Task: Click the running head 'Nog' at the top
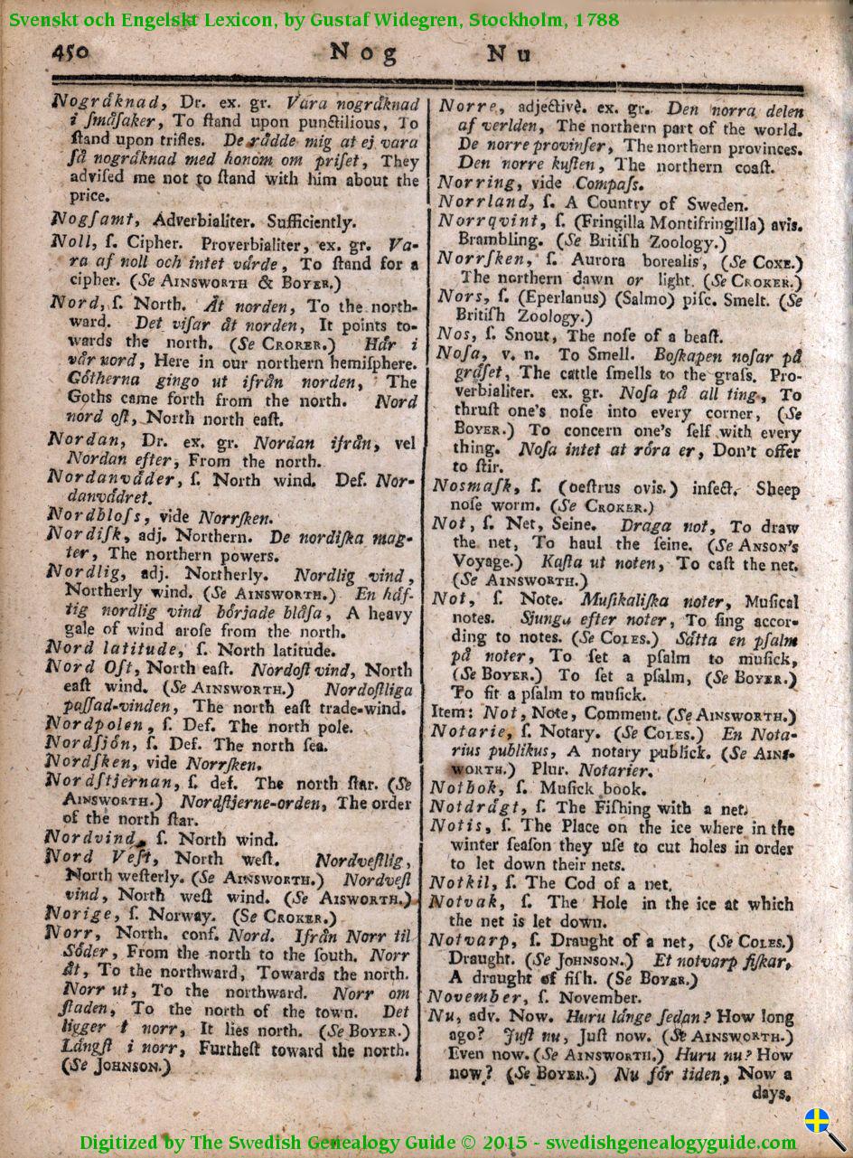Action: point(363,52)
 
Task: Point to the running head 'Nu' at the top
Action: point(510,53)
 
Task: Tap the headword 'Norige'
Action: point(81,914)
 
